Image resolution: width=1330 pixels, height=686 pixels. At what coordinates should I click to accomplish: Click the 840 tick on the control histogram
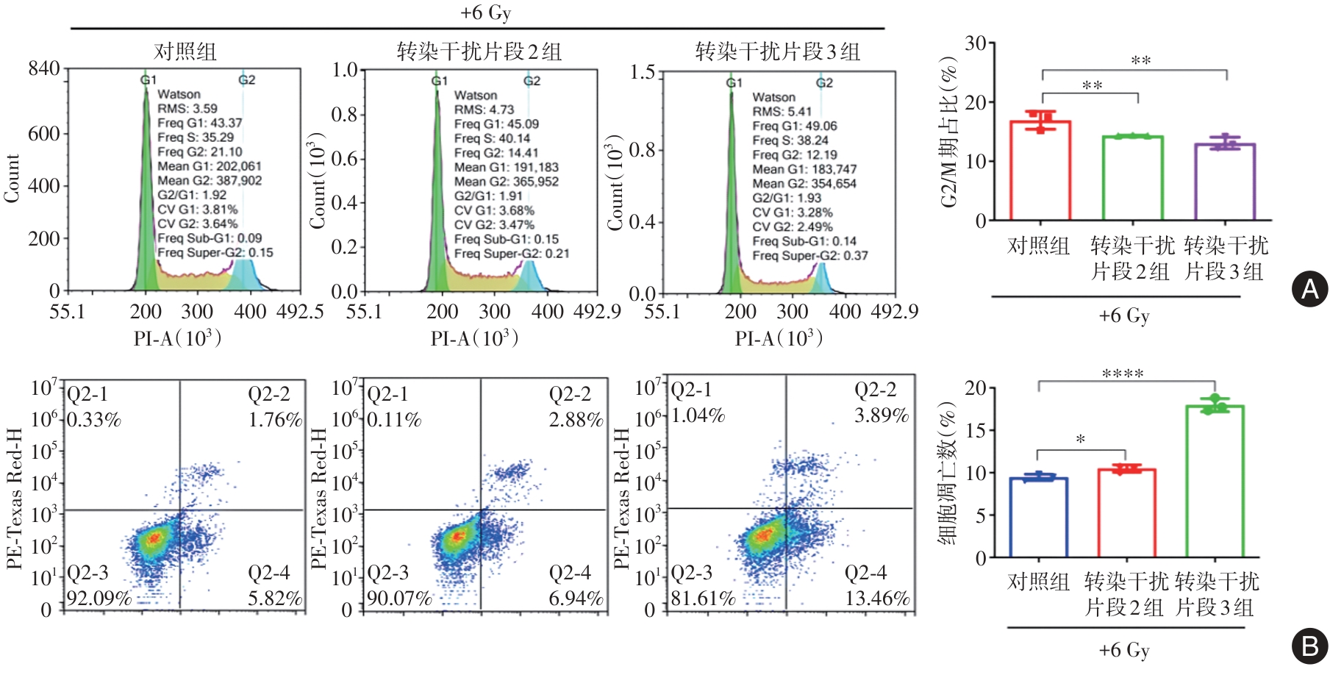43,68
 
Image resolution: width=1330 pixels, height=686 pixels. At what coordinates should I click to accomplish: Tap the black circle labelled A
1309,289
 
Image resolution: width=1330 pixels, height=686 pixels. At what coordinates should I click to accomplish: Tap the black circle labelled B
1309,646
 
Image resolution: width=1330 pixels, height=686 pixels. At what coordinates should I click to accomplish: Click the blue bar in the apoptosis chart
1038,518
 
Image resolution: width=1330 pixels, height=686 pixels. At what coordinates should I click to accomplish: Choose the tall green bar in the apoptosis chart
1215,482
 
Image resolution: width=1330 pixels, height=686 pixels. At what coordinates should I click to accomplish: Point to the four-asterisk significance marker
1123,374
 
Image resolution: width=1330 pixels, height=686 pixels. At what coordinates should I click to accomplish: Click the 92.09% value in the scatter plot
99,599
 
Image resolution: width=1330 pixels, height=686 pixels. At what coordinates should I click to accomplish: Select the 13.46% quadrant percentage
877,599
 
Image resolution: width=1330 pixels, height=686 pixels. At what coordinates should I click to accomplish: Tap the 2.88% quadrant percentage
576,420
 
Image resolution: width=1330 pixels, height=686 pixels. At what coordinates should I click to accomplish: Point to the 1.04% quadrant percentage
698,415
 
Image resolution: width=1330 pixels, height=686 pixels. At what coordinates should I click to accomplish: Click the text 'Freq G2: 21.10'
199,151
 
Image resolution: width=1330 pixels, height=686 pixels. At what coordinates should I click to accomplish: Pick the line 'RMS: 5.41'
782,112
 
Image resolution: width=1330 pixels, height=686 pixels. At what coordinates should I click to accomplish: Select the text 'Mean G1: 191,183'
506,167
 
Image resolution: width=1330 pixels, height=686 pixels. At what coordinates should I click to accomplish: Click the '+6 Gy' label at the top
485,12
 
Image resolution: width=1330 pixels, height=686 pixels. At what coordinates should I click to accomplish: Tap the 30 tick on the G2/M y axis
975,43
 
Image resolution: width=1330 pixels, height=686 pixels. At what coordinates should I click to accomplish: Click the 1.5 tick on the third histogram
642,72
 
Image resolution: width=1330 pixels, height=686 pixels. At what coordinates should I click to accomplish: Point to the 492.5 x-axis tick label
300,312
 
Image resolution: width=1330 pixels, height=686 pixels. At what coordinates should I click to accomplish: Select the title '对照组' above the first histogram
185,51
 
